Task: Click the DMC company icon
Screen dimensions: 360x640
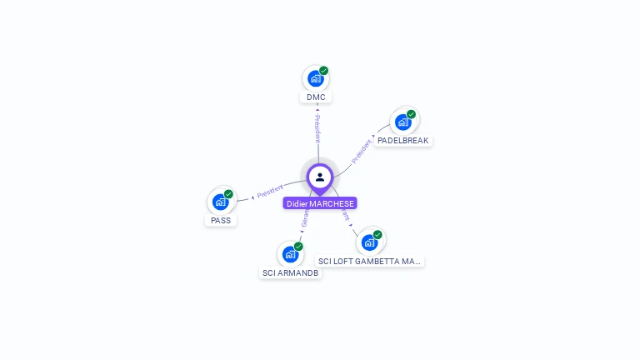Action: pyautogui.click(x=315, y=78)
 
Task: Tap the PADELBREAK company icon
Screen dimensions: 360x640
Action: pyautogui.click(x=402, y=122)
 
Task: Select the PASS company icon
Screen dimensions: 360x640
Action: pyautogui.click(x=220, y=202)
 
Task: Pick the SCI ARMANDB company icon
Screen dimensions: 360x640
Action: pyautogui.click(x=290, y=253)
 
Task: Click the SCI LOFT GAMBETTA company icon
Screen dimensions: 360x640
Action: pyautogui.click(x=369, y=242)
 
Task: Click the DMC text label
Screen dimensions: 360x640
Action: pyautogui.click(x=316, y=97)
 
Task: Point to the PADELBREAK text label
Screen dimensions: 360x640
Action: pyautogui.click(x=402, y=141)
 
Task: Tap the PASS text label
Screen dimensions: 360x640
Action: pyautogui.click(x=221, y=221)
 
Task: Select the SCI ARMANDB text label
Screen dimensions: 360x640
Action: pyautogui.click(x=290, y=272)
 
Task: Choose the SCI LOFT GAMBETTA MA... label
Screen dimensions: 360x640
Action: pyautogui.click(x=369, y=262)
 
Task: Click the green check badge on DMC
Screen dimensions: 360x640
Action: pyautogui.click(x=324, y=71)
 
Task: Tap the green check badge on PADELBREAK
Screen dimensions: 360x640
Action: pyautogui.click(x=411, y=114)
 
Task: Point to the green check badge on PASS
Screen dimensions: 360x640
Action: pyautogui.click(x=228, y=194)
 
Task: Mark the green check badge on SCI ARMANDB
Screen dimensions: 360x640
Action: pyautogui.click(x=298, y=246)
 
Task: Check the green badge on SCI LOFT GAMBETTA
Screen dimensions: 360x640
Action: pyautogui.click(x=377, y=235)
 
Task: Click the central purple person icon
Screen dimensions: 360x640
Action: pyautogui.click(x=320, y=177)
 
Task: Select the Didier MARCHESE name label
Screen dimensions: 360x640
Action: pyautogui.click(x=320, y=203)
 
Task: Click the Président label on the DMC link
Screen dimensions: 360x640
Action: pyautogui.click(x=317, y=129)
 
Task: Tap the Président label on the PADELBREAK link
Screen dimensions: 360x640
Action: pyautogui.click(x=362, y=151)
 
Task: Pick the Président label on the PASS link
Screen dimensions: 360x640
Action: pyautogui.click(x=270, y=192)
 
